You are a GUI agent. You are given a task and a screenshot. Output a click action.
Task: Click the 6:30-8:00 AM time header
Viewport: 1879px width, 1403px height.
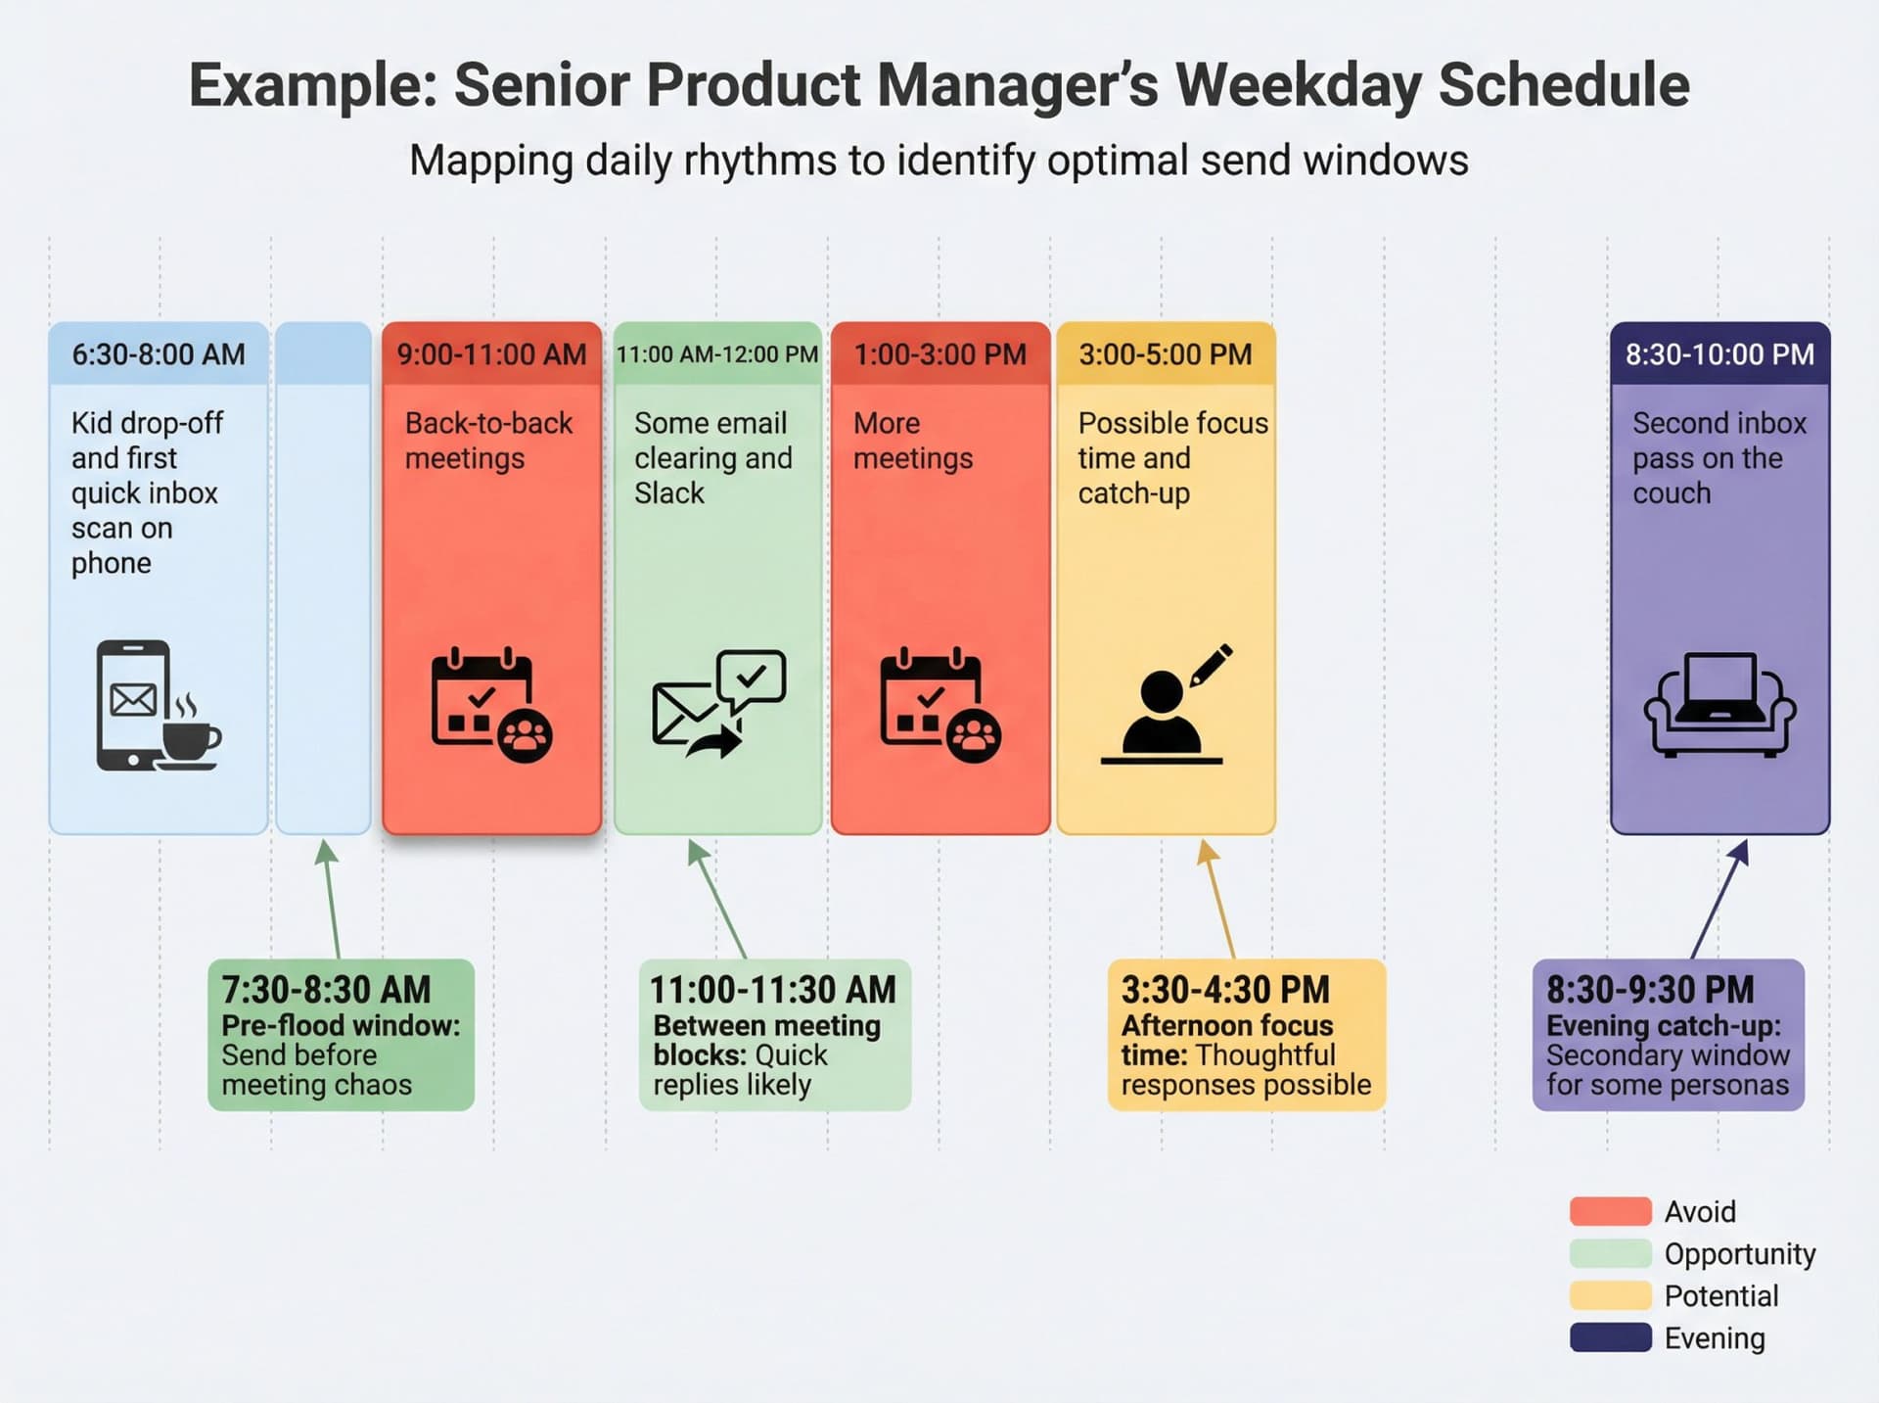(x=158, y=354)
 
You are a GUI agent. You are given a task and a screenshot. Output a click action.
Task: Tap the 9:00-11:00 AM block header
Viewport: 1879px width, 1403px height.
(x=491, y=354)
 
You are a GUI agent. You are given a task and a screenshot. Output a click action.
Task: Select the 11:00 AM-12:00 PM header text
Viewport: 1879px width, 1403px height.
(x=716, y=354)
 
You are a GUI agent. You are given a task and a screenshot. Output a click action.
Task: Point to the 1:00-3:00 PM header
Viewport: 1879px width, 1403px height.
(x=939, y=354)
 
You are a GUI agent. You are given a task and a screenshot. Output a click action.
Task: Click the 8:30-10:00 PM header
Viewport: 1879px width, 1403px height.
(x=1719, y=354)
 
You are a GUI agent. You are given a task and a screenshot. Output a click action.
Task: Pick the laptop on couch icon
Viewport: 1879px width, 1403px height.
(x=1719, y=705)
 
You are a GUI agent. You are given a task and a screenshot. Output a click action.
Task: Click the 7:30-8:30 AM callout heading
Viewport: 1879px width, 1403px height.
(x=326, y=990)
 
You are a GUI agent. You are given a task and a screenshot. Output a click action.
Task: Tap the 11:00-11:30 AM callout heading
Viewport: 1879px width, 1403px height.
(x=772, y=990)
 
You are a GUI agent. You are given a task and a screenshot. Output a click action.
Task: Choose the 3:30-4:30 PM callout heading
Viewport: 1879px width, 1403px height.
(x=1225, y=990)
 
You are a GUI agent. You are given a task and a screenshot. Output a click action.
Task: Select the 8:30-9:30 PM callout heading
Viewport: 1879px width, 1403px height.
(x=1650, y=990)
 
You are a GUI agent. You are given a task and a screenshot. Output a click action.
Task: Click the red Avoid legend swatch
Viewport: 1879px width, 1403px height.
(x=1610, y=1211)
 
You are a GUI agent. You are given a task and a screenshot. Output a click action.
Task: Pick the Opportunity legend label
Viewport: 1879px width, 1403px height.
(x=1739, y=1254)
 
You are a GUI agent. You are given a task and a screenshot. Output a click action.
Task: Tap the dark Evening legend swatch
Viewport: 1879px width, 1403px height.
(x=1610, y=1337)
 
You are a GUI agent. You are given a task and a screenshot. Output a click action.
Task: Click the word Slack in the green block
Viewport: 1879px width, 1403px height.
(x=668, y=493)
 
